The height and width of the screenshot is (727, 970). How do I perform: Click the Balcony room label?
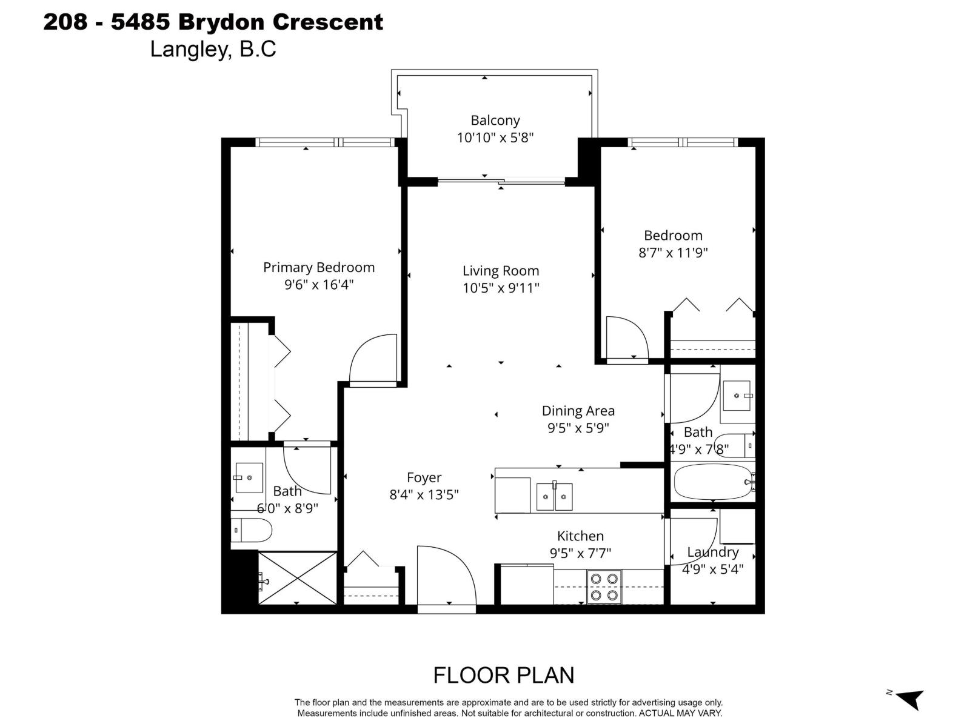tap(495, 121)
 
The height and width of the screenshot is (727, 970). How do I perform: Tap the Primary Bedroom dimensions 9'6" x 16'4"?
tap(319, 285)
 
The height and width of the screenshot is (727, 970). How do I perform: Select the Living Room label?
tap(501, 271)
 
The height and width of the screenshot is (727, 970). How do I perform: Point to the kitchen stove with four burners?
tap(604, 587)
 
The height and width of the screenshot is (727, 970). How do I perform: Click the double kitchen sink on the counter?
tap(554, 497)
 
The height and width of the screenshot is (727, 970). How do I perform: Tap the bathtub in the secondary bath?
tap(712, 482)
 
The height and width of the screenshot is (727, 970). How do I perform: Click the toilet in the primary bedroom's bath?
tap(252, 531)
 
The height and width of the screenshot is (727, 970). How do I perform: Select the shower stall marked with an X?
tap(297, 578)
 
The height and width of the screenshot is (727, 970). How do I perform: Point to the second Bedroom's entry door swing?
tap(627, 338)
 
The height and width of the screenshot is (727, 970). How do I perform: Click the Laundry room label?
tap(712, 552)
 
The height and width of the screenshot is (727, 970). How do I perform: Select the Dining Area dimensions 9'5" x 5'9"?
tap(578, 428)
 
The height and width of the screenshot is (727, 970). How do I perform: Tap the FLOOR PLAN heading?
tap(503, 675)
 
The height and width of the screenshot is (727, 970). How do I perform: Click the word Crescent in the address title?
tap(327, 22)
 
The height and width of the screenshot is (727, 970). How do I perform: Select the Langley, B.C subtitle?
tap(213, 49)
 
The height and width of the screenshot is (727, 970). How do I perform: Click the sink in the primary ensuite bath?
tap(249, 478)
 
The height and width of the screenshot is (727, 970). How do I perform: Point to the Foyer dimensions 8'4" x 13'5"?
tap(424, 494)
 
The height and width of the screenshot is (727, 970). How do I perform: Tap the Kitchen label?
tap(580, 536)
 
